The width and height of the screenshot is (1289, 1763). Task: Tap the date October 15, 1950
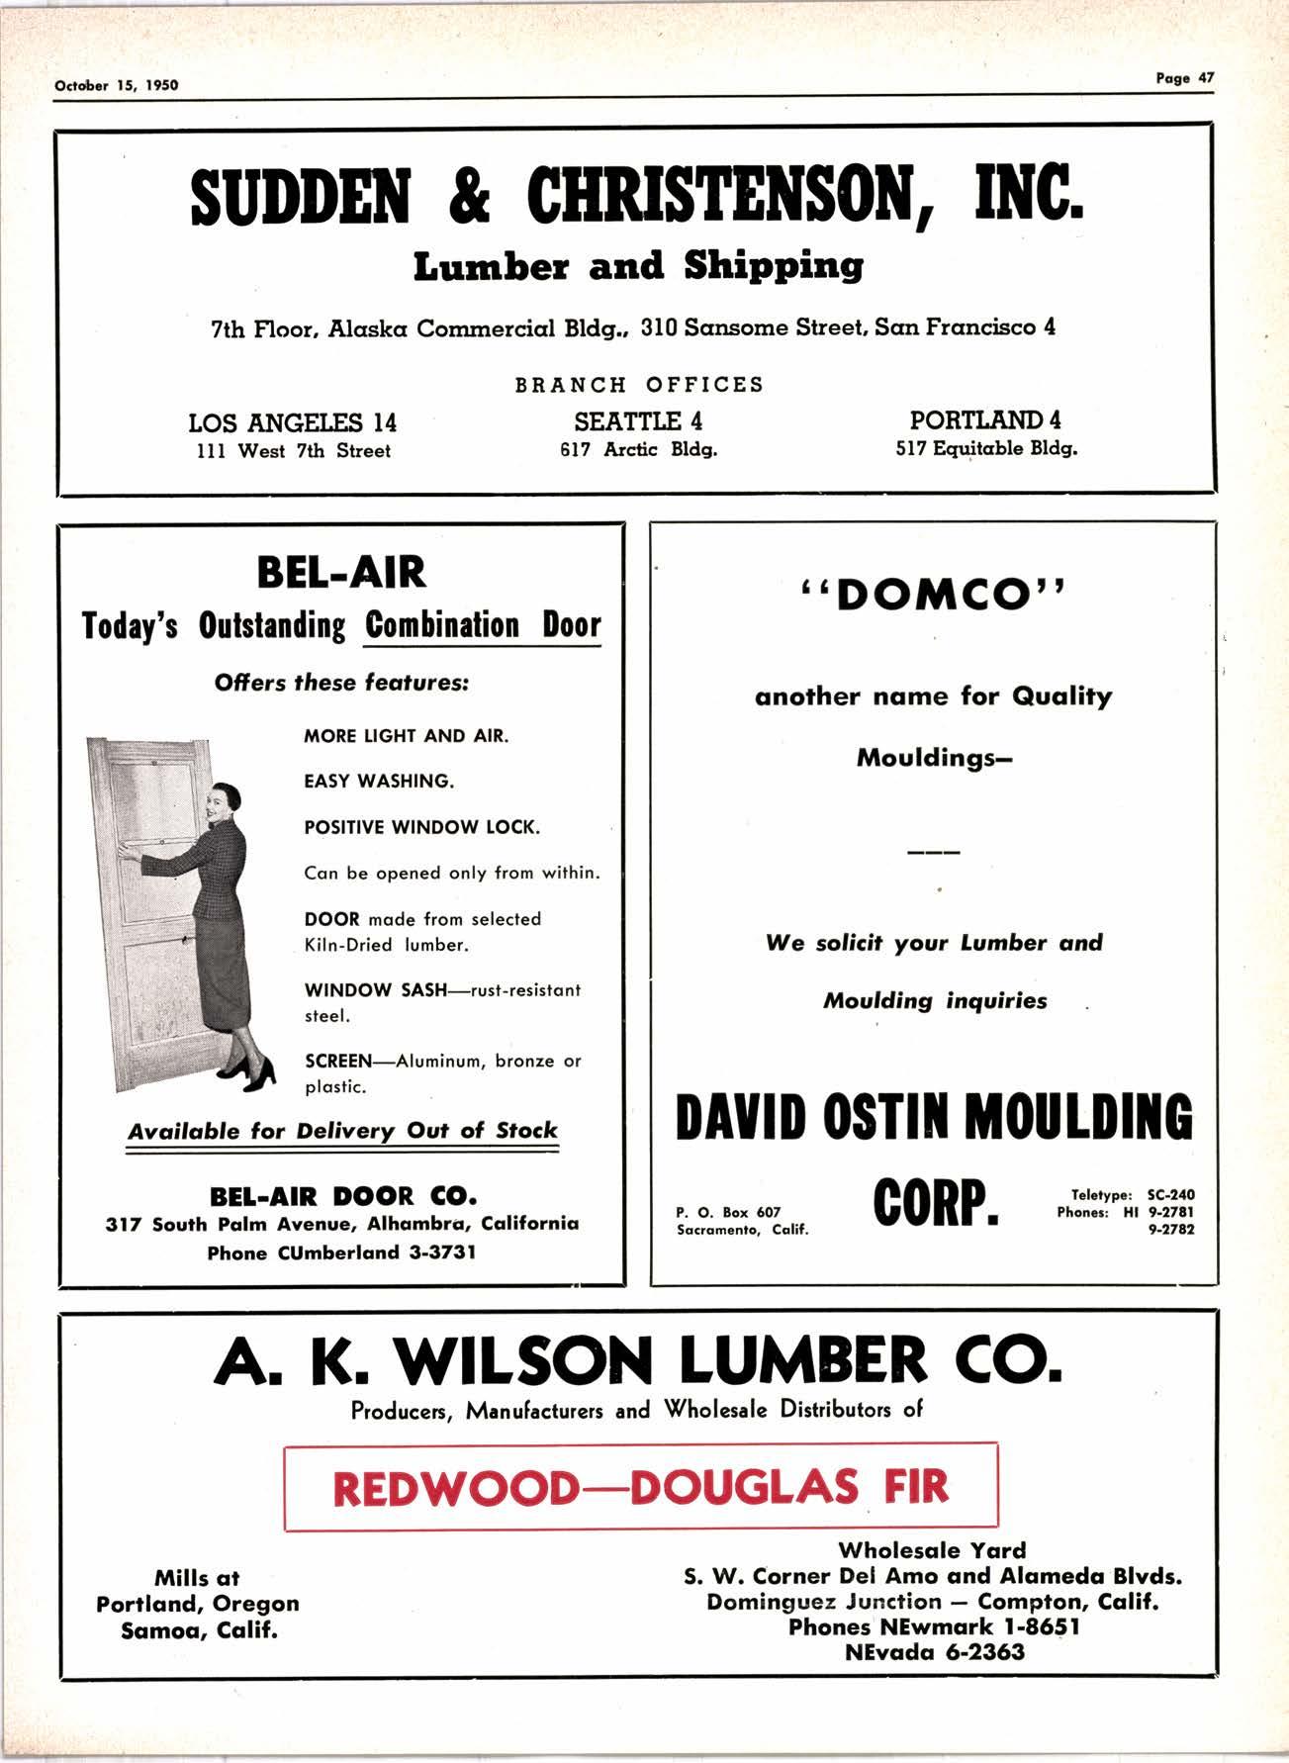tap(117, 85)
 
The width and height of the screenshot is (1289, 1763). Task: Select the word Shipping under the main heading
tap(773, 266)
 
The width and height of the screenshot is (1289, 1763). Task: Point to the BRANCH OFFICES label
tap(639, 384)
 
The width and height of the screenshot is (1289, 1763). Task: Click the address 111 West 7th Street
tap(292, 451)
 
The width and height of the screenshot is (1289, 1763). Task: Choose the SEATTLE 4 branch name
tap(638, 421)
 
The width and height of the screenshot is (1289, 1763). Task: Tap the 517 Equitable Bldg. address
tap(986, 448)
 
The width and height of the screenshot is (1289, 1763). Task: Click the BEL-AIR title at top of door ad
tap(341, 572)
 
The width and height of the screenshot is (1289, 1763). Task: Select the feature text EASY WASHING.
tap(379, 781)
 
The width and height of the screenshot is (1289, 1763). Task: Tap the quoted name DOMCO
tap(933, 594)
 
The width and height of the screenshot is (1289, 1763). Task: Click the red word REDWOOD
tap(454, 1488)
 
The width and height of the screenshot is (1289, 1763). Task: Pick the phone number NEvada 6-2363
tap(935, 1652)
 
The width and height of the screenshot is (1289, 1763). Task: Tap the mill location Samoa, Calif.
tap(199, 1629)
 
